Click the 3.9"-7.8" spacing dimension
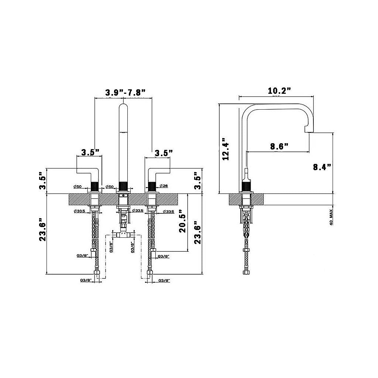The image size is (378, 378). click(125, 92)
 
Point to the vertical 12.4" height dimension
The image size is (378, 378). click(226, 149)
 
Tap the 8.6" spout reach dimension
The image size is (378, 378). click(279, 146)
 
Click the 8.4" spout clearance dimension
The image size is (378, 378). click(322, 167)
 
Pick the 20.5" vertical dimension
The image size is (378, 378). click(183, 222)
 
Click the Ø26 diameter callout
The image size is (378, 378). click(163, 186)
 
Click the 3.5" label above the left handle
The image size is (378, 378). click(90, 152)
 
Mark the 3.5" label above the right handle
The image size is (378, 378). click(163, 152)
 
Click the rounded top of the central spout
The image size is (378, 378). click(123, 107)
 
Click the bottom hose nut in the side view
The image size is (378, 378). click(246, 273)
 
